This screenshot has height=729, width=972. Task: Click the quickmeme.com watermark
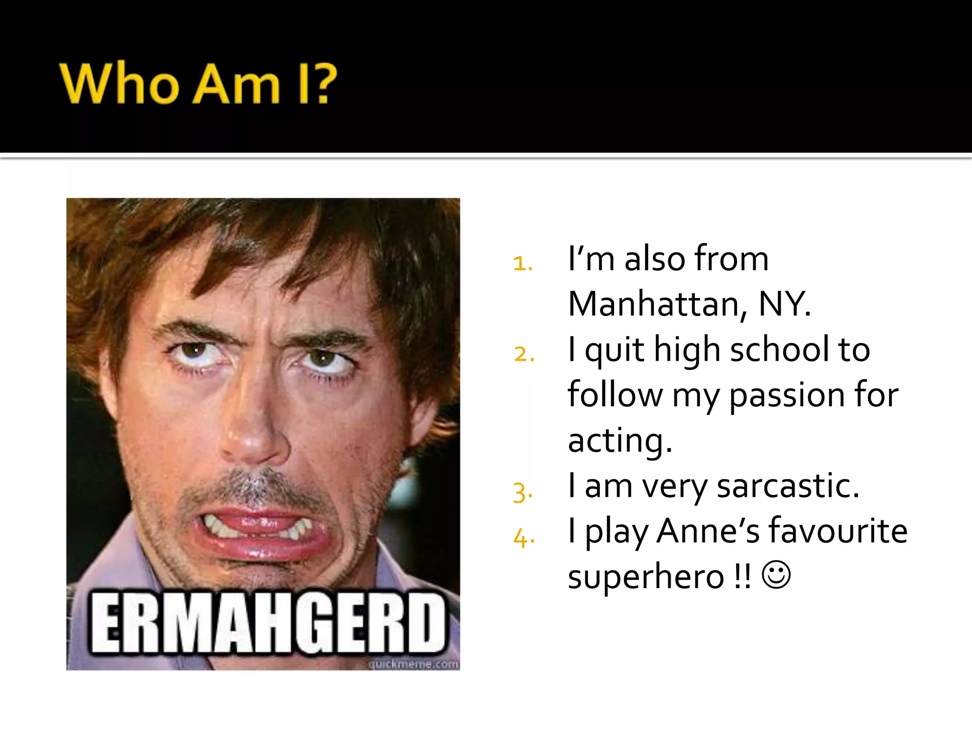[413, 664]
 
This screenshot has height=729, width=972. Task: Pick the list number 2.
[523, 354]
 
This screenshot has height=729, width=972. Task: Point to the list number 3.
[522, 492]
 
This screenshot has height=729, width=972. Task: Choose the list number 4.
[523, 537]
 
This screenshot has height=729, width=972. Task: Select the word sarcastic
[787, 486]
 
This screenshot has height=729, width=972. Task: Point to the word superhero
[646, 577]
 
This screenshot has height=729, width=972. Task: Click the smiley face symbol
[776, 575]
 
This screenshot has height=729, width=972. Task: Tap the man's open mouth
[259, 532]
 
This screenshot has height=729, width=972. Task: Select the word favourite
[838, 532]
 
